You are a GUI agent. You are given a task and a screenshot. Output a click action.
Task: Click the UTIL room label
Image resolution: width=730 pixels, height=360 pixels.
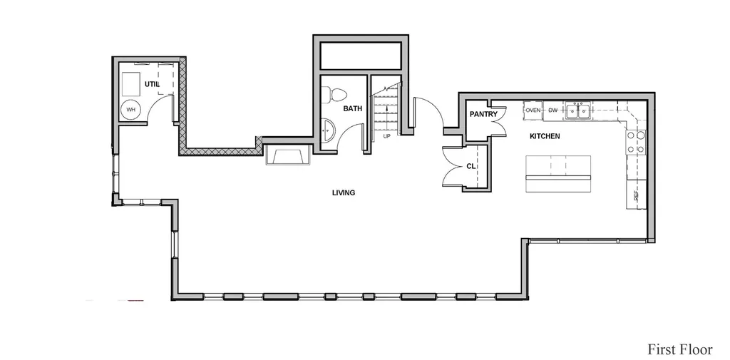pos(152,84)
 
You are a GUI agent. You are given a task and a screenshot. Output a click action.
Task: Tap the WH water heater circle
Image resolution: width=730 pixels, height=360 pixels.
pos(131,110)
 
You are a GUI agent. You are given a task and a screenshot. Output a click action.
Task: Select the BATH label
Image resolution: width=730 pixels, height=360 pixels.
pos(352,108)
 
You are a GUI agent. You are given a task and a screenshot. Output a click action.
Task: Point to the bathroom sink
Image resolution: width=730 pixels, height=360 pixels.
pos(328,130)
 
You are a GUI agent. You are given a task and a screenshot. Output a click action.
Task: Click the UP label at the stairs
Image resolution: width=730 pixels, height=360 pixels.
pos(386,136)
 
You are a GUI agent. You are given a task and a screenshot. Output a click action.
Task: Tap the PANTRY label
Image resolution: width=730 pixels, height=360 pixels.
pos(483,113)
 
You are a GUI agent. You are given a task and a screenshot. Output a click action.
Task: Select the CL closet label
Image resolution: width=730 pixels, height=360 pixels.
pos(471,166)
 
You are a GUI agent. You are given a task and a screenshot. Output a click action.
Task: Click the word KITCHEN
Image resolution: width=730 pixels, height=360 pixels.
pos(545,136)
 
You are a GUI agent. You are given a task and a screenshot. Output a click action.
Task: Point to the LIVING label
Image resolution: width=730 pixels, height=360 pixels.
pos(344,192)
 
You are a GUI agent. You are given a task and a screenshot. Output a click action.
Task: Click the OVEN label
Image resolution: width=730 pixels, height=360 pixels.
pos(533,110)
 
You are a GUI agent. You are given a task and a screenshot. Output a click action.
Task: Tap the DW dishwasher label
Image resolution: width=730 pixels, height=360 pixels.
pos(553,110)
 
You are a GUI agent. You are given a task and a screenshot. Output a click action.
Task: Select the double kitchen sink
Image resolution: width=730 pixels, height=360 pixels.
pos(577,110)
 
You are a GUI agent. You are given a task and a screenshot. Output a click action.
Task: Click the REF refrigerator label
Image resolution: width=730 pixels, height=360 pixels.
pos(635,197)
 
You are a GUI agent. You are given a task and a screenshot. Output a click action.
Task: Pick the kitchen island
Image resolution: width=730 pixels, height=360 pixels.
pos(558,174)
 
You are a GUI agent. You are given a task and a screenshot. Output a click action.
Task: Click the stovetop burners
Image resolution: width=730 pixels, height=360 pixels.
pos(635,143)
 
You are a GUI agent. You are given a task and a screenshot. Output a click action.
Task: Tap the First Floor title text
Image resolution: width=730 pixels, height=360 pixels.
pos(679,349)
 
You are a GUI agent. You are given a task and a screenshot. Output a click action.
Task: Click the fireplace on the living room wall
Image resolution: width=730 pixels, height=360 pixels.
pos(288,155)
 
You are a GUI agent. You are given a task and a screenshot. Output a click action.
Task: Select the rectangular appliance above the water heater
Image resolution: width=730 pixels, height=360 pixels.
pos(131,83)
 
